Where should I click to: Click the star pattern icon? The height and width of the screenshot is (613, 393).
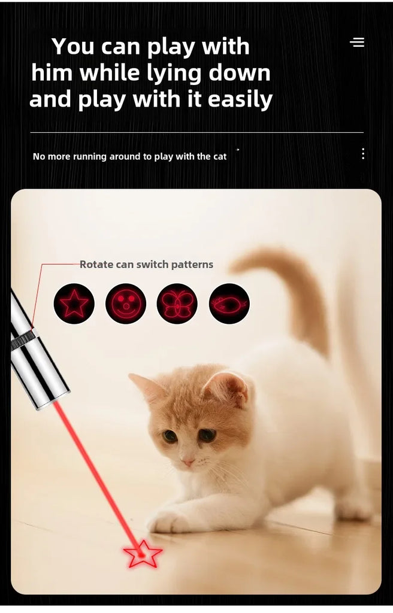point(74,304)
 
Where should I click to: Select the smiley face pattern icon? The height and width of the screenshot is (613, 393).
point(126,304)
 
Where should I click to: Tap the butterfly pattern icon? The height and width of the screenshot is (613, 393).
point(177,304)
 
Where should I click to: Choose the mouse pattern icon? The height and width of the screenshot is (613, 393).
point(229,304)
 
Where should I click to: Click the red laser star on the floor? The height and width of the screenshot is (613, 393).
point(143,554)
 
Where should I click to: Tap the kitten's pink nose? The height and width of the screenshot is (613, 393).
point(188,463)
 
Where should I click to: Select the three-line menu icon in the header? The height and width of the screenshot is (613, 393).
point(357,42)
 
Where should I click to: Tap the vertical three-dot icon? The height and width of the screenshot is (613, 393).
point(363,154)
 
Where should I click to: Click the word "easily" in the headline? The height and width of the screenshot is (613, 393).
point(240,99)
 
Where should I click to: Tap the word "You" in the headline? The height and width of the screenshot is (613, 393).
point(73,47)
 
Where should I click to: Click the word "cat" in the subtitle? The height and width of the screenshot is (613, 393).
point(220,157)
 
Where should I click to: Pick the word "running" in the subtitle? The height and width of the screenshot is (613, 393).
point(90,157)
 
